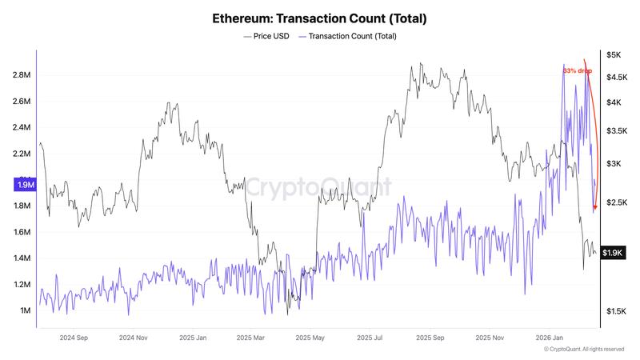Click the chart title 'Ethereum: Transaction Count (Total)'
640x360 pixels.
[320, 17]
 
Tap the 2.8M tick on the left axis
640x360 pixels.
[22, 75]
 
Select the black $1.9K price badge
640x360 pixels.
[612, 253]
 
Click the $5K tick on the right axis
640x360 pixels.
[613, 55]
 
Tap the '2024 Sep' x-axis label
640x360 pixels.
[73, 338]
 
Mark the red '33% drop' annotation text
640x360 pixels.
[578, 71]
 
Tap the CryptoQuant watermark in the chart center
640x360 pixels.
[318, 187]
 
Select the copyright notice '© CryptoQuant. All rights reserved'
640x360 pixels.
[583, 350]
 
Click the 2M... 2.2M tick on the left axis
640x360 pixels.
[22, 154]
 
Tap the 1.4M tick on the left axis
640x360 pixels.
[22, 258]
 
